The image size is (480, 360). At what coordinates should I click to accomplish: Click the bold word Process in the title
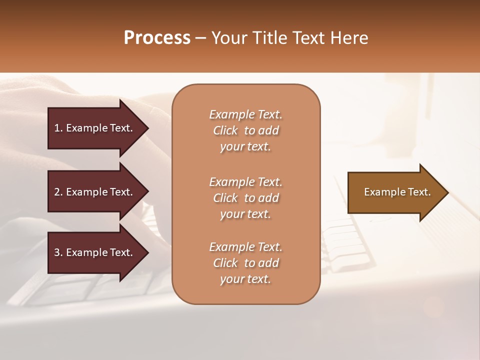(157, 38)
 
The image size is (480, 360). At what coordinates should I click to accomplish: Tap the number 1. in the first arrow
(58, 128)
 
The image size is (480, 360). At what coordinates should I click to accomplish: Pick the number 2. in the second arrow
(58, 192)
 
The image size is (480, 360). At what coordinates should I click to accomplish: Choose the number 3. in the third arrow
(58, 252)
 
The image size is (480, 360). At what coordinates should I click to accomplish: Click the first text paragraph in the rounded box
(245, 130)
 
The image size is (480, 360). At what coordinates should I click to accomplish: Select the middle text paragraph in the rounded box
(245, 198)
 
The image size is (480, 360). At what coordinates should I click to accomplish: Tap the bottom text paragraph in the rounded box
(245, 263)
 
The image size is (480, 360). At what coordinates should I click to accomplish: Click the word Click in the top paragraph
(225, 130)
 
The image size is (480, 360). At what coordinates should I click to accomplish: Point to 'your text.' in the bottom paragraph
(245, 279)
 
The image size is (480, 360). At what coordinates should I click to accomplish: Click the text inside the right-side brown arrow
(397, 192)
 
